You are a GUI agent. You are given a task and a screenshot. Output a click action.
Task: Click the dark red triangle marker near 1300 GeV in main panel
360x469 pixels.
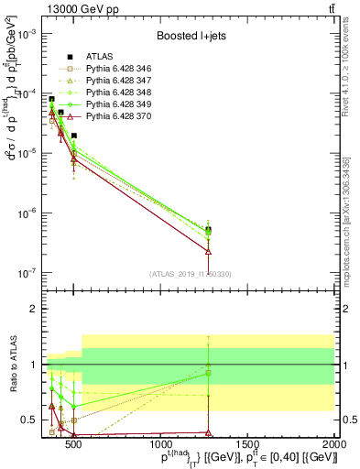tap(209, 250)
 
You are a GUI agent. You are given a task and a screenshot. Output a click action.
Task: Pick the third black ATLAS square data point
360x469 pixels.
tap(74, 136)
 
